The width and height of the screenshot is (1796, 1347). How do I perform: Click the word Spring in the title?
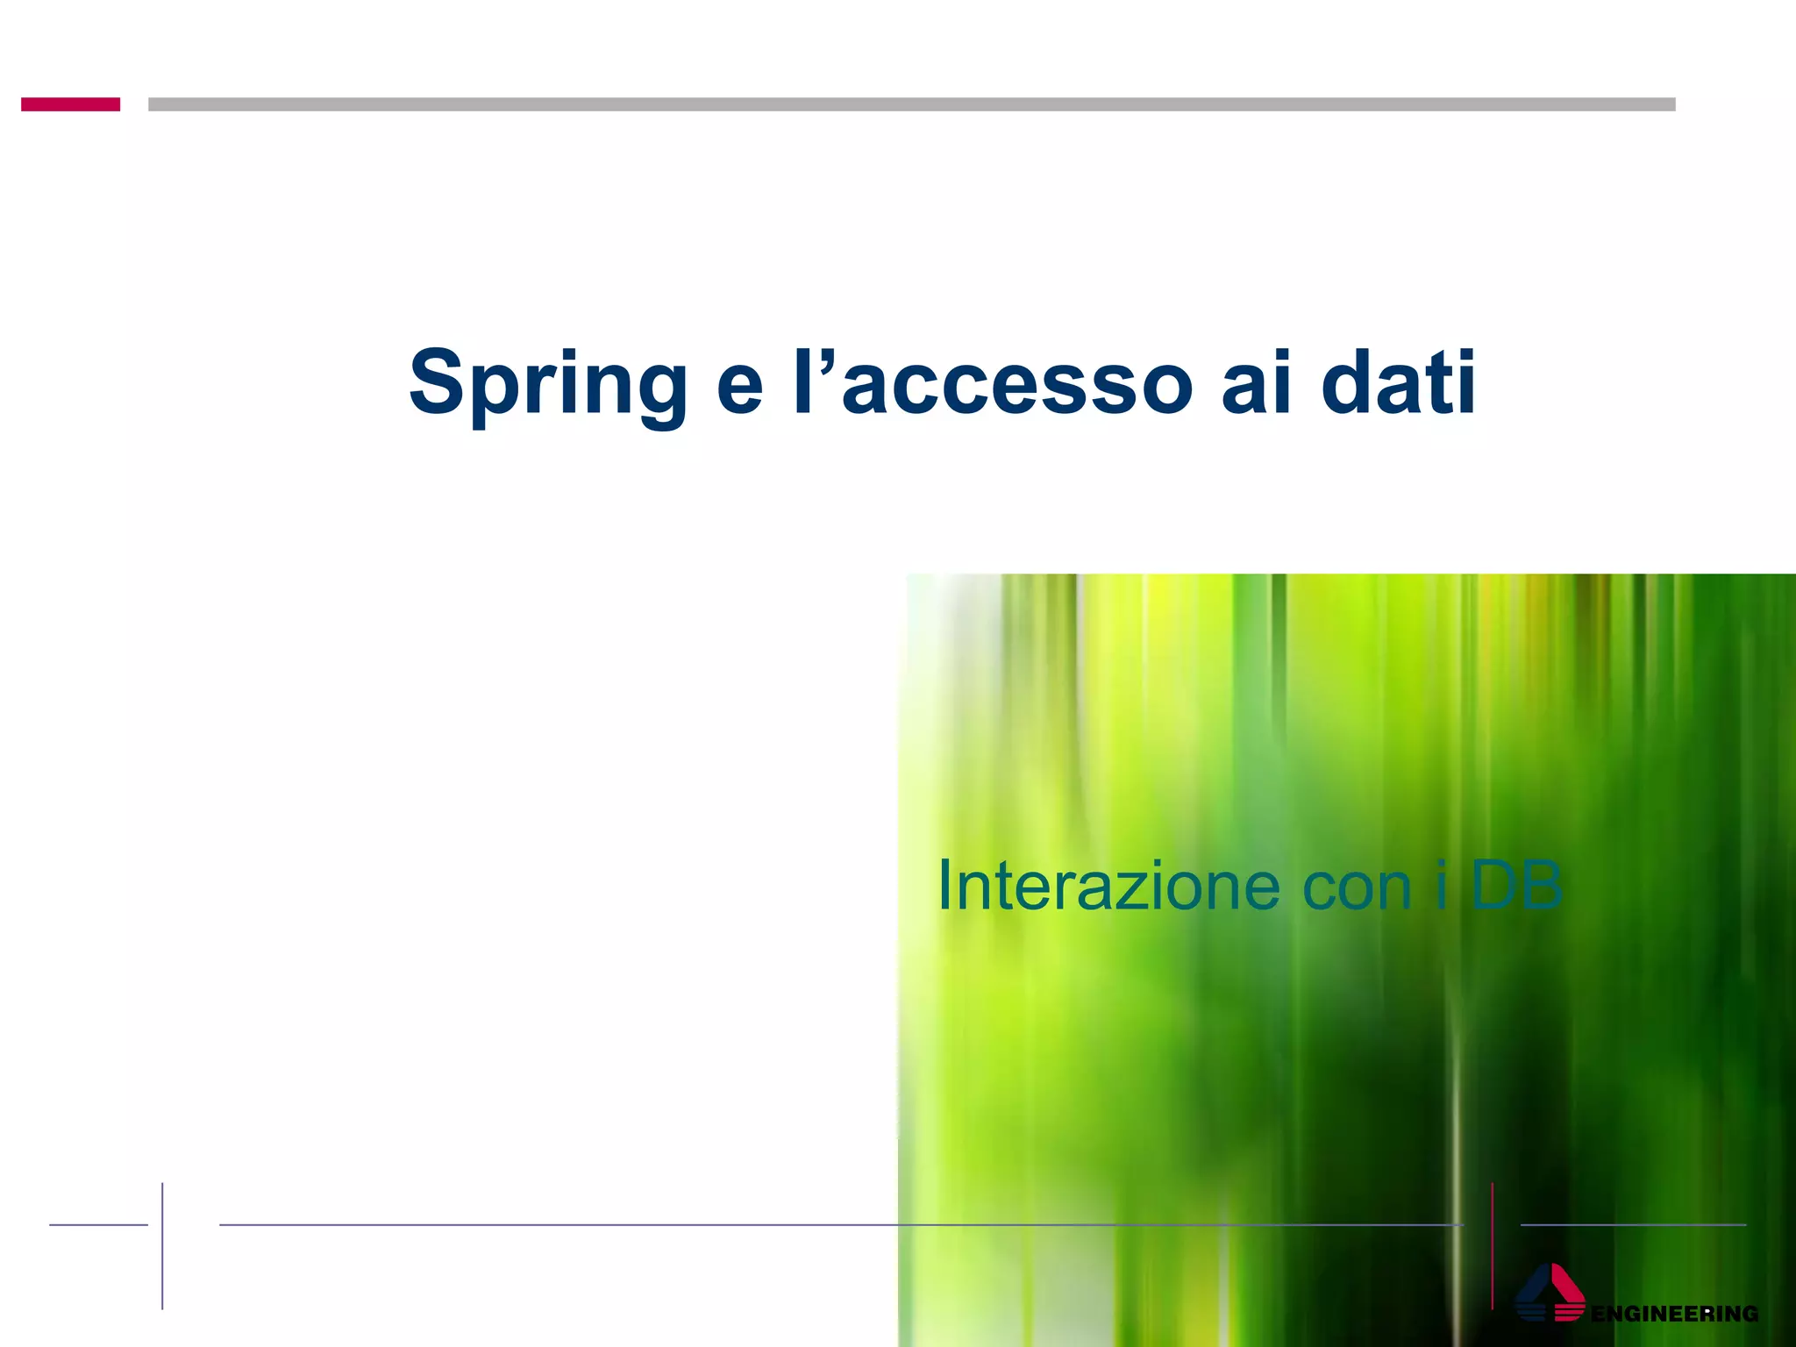547,384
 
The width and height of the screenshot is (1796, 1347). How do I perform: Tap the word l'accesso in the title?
993,384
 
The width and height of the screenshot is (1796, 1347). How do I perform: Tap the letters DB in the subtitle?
1516,886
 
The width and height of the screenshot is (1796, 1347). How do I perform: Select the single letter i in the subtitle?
1441,886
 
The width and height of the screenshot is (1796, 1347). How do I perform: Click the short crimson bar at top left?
70,104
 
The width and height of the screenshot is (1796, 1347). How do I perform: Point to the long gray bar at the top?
911,104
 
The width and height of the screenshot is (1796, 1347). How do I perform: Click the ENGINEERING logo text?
1674,1314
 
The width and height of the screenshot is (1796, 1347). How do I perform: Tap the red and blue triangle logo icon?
1550,1293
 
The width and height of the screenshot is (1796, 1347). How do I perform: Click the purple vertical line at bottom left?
162,1245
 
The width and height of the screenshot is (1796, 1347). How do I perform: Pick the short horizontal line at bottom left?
98,1225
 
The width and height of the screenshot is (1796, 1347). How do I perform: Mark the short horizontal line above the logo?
1633,1225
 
